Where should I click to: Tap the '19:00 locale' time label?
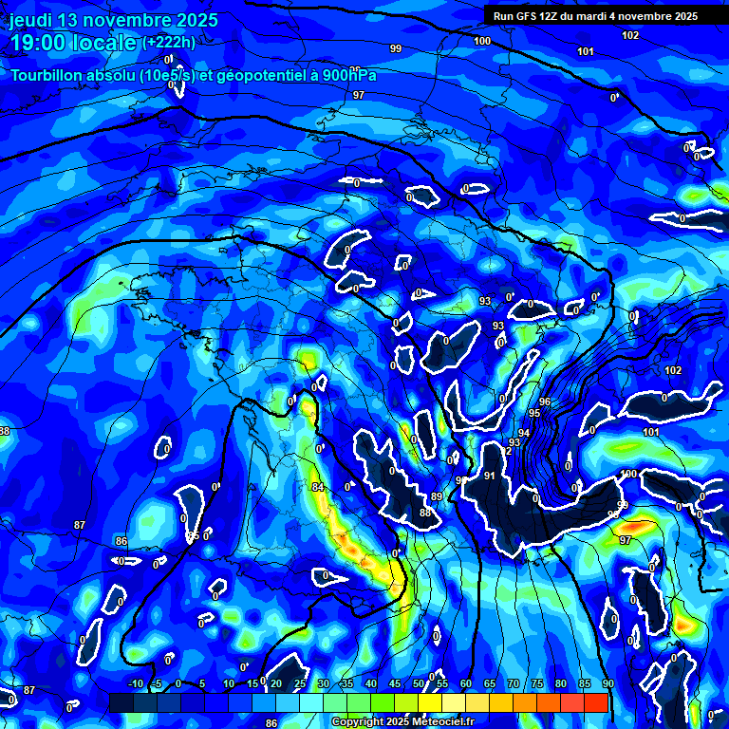pos(73,42)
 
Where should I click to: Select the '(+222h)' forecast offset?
pos(169,43)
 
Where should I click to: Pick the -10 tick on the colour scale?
pos(136,684)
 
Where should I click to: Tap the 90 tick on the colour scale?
pos(607,684)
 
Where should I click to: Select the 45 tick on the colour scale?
pos(395,684)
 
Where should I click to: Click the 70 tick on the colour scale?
pos(514,684)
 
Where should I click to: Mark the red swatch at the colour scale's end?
pos(595,702)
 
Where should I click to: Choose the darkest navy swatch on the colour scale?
pos(121,702)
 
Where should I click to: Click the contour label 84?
pos(317,488)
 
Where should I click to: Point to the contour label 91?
pos(490,476)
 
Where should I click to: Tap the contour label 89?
pos(437,496)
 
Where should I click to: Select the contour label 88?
pos(425,513)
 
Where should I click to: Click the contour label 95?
pos(534,413)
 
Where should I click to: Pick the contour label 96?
pos(545,402)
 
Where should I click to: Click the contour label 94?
pos(524,432)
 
